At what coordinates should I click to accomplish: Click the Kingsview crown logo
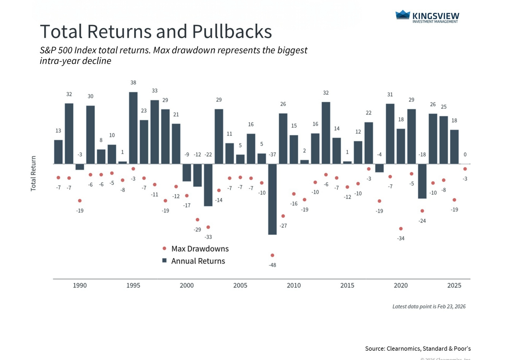pos(403,15)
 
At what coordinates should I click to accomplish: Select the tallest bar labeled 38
pos(133,128)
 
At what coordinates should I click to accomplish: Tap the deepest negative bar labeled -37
pos(272,199)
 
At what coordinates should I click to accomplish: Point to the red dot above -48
pos(272,255)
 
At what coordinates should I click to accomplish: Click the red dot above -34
pos(401,229)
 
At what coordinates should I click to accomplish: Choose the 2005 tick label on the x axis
pos(240,285)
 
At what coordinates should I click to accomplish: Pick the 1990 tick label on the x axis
pos(80,285)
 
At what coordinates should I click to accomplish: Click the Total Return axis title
pos(33,173)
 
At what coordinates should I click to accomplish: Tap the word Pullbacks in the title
pos(232,31)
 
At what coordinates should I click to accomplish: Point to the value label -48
pos(272,265)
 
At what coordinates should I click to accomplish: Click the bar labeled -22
pos(208,185)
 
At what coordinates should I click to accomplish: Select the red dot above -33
pos(208,227)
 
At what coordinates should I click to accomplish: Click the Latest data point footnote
pos(429,306)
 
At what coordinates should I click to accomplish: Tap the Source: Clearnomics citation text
pos(418,349)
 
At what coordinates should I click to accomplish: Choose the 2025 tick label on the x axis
pos(454,285)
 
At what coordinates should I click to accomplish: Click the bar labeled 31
pos(390,134)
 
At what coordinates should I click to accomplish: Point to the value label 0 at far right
pos(465,154)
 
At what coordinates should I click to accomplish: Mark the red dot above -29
pos(197,220)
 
